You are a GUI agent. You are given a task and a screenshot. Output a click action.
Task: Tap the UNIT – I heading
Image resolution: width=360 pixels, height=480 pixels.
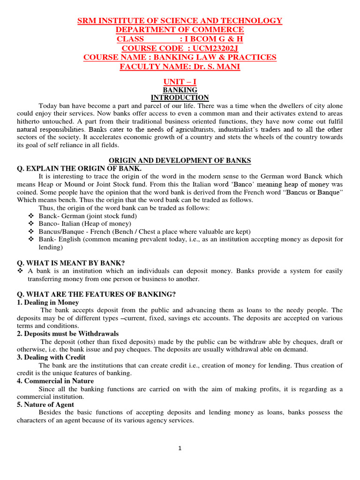pos(180,82)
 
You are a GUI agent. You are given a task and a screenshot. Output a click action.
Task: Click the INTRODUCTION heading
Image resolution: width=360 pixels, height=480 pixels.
pos(180,97)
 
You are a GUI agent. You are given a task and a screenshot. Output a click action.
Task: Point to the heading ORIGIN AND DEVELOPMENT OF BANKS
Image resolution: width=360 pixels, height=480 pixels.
pos(180,161)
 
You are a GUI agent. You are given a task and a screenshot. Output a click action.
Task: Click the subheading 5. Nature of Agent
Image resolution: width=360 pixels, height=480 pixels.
pos(45,405)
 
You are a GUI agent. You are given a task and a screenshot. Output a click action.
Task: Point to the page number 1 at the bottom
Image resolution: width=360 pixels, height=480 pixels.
pos(180,448)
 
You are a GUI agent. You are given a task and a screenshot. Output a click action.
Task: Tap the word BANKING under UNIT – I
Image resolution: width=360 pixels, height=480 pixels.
pos(180,90)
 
